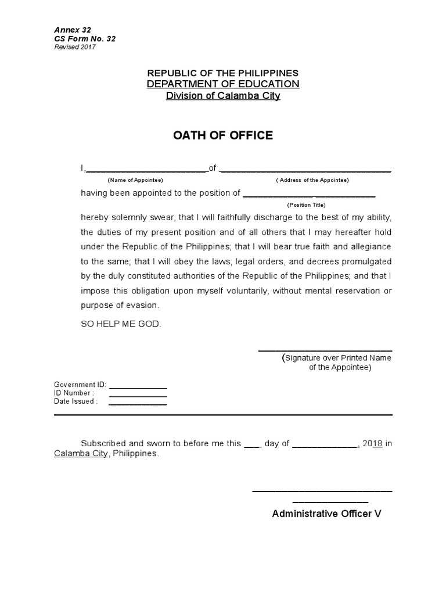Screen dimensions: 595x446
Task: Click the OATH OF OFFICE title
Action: coord(223,136)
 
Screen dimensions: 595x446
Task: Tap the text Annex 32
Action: coord(73,30)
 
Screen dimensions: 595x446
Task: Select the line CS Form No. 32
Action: coord(85,39)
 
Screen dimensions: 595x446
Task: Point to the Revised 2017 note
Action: coord(75,47)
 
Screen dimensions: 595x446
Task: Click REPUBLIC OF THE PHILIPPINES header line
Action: coord(223,73)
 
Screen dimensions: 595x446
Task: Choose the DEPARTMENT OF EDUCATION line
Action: coord(223,84)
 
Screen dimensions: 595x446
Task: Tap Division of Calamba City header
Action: coord(223,96)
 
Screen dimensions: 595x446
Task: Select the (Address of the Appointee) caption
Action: coord(312,180)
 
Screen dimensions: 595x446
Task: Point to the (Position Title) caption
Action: coord(306,205)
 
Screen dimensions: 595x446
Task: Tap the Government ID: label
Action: coord(80,385)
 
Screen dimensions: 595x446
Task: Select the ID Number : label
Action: coord(74,393)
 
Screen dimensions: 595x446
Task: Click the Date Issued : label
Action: coord(76,401)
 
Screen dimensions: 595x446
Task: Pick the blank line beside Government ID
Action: coord(138,387)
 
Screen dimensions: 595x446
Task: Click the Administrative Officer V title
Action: coord(327,514)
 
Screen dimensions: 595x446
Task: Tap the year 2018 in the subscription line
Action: coord(372,443)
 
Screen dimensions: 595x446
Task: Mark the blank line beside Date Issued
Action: coord(138,404)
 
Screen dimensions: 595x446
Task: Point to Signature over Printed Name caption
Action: coord(337,358)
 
